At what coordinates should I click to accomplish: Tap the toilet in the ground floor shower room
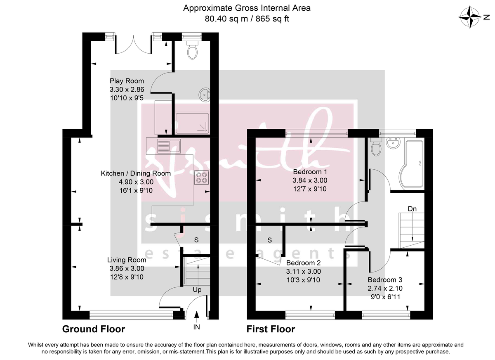pos(192,51)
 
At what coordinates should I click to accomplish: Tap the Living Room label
pos(127,260)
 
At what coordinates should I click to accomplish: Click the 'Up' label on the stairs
pos(197,290)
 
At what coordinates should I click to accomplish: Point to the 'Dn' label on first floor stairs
pos(412,209)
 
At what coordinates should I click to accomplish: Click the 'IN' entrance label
pos(197,327)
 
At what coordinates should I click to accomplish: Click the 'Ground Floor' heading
pos(93,329)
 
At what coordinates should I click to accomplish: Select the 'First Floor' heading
pos(271,329)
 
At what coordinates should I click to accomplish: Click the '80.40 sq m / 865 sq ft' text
pos(247,19)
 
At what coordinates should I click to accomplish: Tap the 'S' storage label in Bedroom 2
pos(270,240)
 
